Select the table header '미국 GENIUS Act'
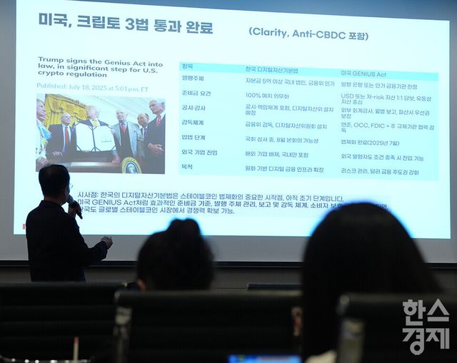pyautogui.click(x=365, y=73)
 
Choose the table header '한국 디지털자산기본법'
pyautogui.click(x=272, y=70)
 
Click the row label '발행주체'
pyautogui.click(x=193, y=78)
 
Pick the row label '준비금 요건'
pyautogui.click(x=196, y=93)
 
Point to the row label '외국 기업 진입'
pyautogui.click(x=199, y=153)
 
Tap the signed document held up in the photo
pyautogui.click(x=94, y=137)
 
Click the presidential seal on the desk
pyautogui.click(x=131, y=165)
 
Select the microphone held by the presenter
pyautogui.click(x=76, y=210)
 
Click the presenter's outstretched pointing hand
pyautogui.click(x=106, y=241)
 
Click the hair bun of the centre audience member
pyautogui.click(x=184, y=227)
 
